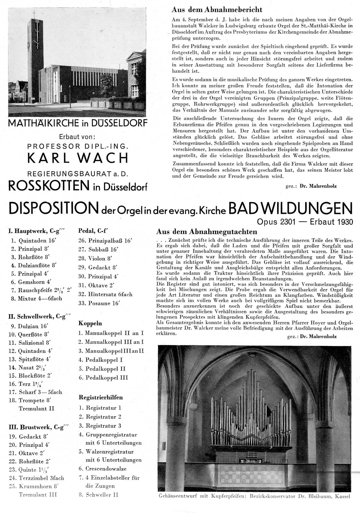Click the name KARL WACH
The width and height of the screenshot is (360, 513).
pyautogui.click(x=78, y=158)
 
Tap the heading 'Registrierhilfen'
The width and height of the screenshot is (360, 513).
pyautogui.click(x=101, y=397)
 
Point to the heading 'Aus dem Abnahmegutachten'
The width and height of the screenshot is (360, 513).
pyautogui.click(x=206, y=231)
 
